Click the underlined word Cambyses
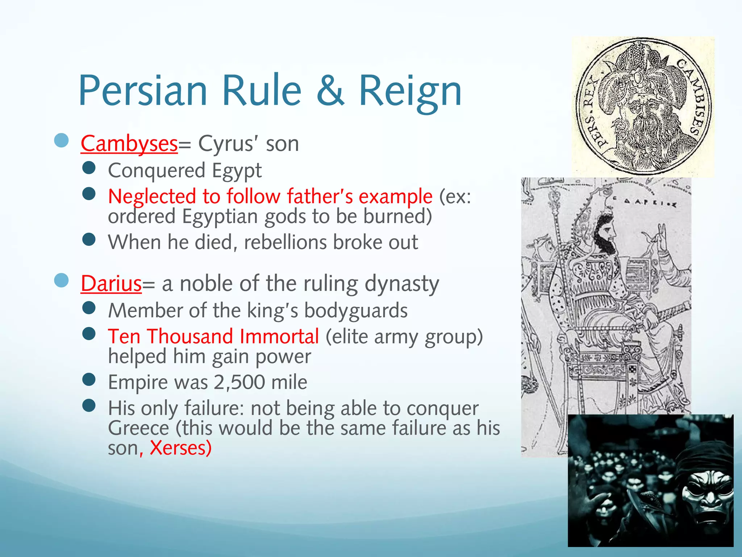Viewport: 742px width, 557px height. tap(129, 144)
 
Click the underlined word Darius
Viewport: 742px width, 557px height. tap(111, 283)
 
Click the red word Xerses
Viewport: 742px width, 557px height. tap(180, 448)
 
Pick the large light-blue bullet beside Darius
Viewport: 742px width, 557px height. tap(61, 280)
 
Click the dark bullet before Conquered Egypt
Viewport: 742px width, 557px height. tap(89, 168)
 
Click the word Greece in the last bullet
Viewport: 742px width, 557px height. tap(138, 428)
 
